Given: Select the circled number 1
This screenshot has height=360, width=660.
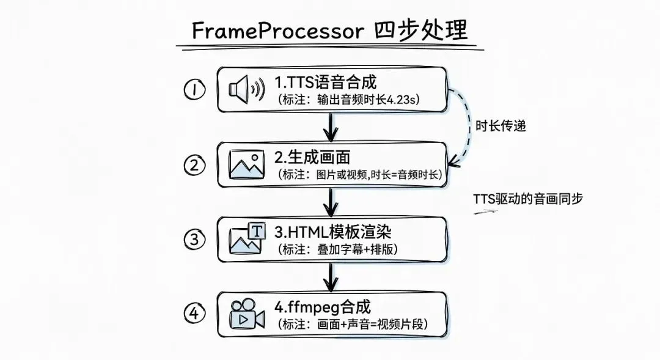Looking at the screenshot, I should [194, 90].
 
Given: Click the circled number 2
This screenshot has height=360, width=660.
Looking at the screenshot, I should [194, 163].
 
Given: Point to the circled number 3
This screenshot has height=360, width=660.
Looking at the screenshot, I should [194, 239].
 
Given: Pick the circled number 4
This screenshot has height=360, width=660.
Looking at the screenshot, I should [194, 314].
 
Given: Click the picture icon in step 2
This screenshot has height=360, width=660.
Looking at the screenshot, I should [246, 163].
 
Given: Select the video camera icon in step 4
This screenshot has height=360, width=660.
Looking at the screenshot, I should [246, 314].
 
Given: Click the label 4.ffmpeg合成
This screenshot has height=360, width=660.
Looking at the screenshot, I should [323, 306].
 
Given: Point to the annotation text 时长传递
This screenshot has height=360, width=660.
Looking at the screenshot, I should [501, 126].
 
